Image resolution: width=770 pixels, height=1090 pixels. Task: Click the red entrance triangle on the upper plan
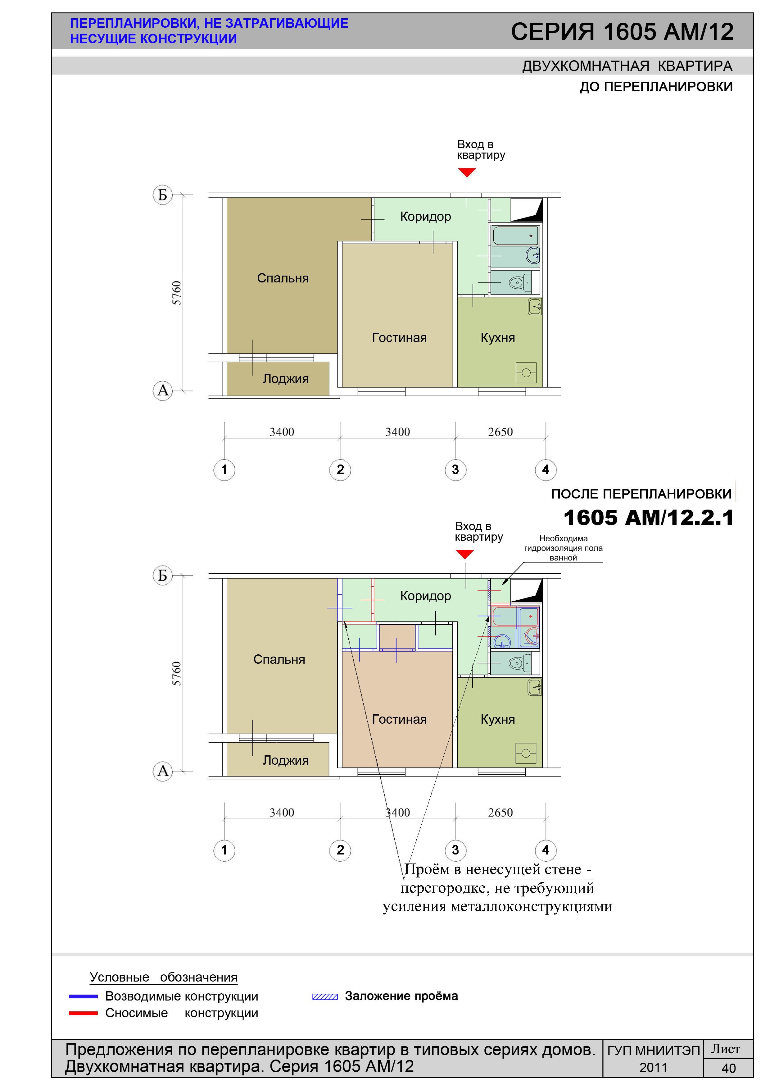pyautogui.click(x=467, y=172)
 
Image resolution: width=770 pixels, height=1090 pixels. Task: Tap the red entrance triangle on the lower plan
pyautogui.click(x=464, y=554)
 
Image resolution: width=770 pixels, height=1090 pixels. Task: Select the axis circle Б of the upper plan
pyautogui.click(x=162, y=195)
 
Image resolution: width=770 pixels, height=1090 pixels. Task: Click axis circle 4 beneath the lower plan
pyautogui.click(x=546, y=850)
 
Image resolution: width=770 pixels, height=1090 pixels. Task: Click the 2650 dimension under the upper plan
pyautogui.click(x=500, y=432)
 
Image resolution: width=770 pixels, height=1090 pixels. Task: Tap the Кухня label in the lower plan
pyautogui.click(x=498, y=719)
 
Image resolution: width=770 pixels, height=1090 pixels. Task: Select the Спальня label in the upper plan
pyautogui.click(x=283, y=278)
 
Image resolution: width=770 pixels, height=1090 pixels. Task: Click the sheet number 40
pyautogui.click(x=728, y=1068)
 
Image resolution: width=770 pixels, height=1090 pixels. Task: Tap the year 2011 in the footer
pyautogui.click(x=653, y=1068)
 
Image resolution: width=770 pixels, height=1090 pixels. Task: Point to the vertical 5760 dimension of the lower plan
pyautogui.click(x=176, y=673)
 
